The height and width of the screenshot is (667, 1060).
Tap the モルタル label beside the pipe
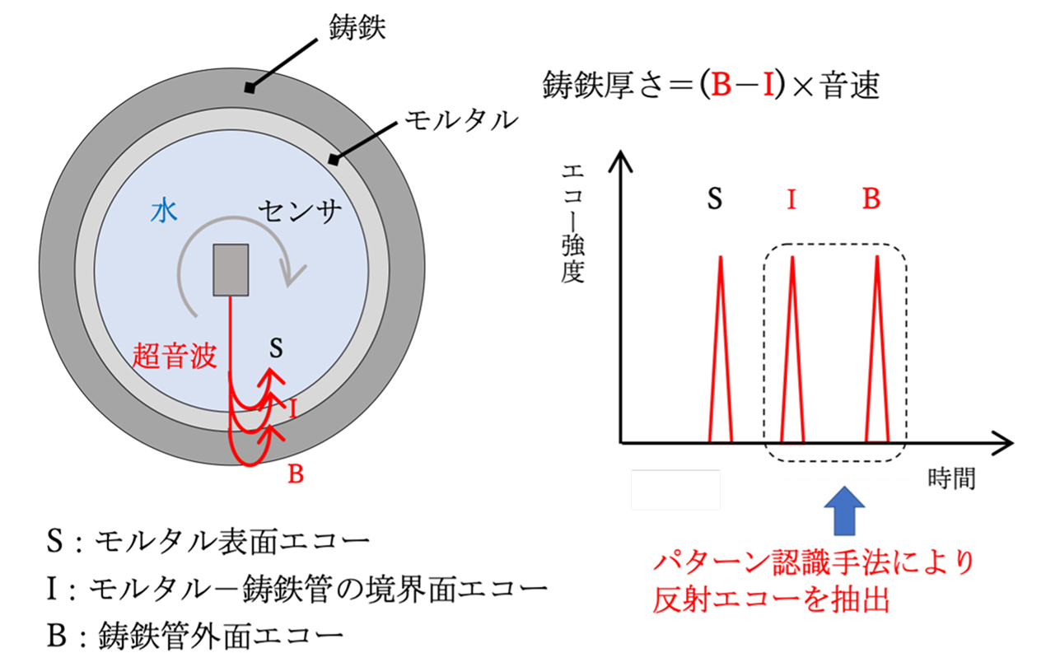click(x=461, y=122)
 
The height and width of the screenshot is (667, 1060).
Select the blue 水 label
click(x=164, y=212)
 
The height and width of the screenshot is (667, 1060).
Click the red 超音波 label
click(x=175, y=356)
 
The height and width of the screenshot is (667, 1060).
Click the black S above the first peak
click(x=714, y=199)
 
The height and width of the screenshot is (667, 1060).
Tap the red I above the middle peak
click(x=791, y=199)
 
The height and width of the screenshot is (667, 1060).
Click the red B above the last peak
click(x=871, y=199)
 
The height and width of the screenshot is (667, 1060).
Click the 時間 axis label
click(x=951, y=478)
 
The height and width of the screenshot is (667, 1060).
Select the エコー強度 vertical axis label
click(x=572, y=222)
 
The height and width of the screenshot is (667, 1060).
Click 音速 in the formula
click(x=848, y=86)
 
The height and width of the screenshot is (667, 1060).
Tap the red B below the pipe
click(x=296, y=474)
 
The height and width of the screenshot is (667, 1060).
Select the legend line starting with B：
click(x=194, y=636)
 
